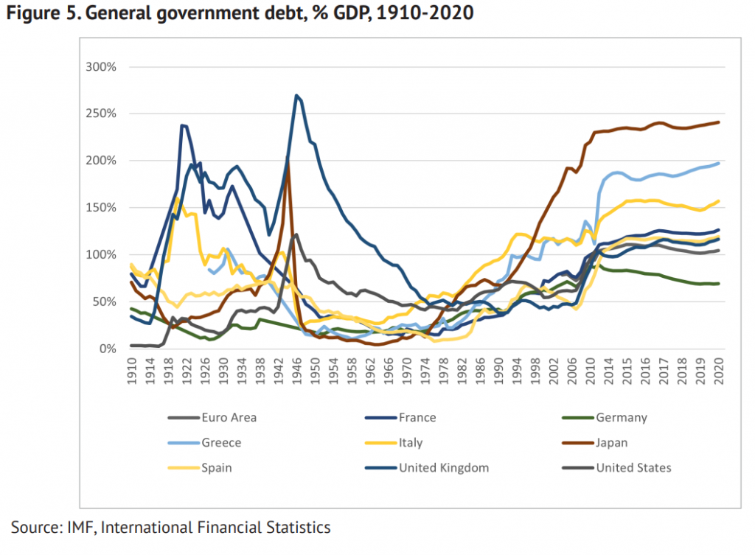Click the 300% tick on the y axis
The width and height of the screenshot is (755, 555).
(x=102, y=67)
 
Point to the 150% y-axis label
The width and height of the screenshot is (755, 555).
(x=102, y=208)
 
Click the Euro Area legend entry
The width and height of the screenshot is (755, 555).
(x=229, y=418)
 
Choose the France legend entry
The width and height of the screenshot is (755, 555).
(x=417, y=418)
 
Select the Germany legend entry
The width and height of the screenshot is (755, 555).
(x=621, y=418)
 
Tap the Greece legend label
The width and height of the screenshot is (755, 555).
(x=221, y=443)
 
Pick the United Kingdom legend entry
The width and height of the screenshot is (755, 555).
(x=443, y=468)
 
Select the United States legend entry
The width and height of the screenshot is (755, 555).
(x=633, y=468)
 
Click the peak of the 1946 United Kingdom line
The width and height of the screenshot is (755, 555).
(x=296, y=95)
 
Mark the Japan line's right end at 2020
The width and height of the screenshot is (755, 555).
(x=718, y=122)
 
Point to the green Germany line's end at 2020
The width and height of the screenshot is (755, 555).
(x=718, y=284)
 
